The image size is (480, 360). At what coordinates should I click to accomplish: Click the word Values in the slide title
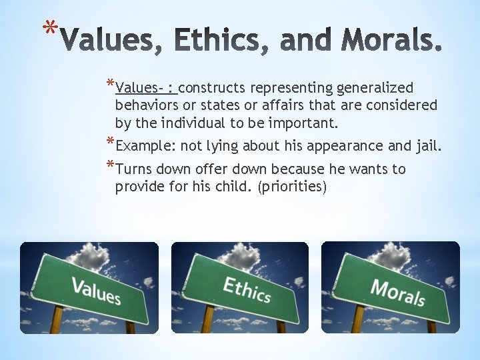coord(112,41)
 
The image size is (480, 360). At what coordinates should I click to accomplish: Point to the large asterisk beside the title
coord(49,29)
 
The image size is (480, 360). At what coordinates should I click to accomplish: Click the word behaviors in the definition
coord(146,105)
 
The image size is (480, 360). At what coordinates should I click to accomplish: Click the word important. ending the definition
coord(305,123)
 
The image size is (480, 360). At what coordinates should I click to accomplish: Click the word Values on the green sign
coord(96,291)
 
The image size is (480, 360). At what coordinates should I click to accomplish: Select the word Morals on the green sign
coord(397,291)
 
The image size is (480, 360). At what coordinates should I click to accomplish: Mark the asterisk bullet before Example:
coord(110,143)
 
